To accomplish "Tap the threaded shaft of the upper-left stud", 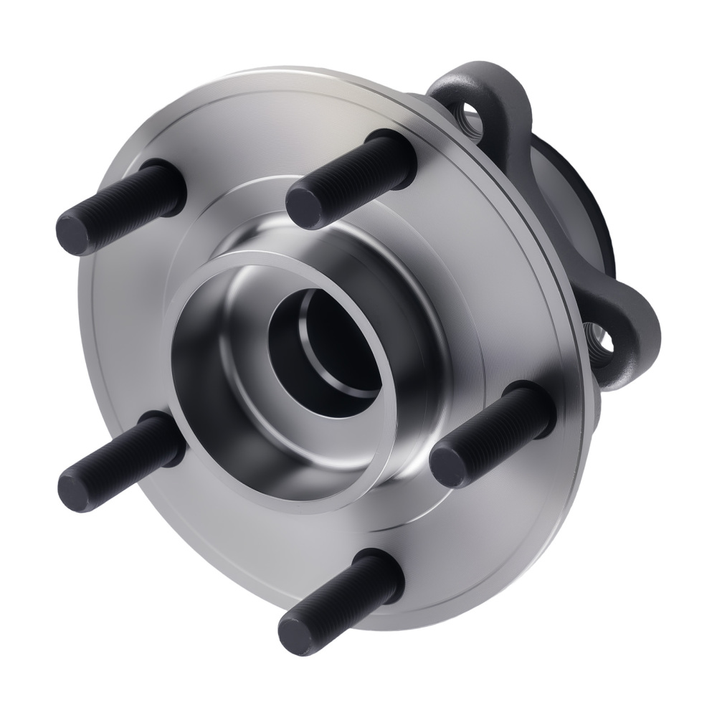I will point(129,204).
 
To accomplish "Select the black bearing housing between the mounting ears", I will point(574,194).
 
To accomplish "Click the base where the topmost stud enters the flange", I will point(398,154).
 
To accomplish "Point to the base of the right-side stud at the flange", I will point(538,405).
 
